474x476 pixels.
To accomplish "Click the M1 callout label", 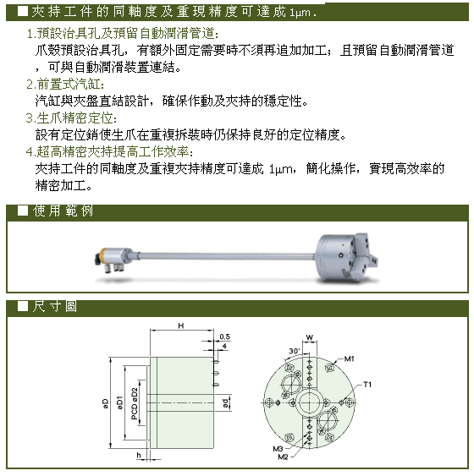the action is pos(349,358).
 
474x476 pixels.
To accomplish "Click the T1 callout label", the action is pos(367,385).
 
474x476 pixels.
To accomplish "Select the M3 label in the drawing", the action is pos(278,449).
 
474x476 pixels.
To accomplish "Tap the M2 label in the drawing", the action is pos(283,457).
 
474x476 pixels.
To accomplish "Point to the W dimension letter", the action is pos(309,337).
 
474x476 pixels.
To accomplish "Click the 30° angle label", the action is pos(294,351).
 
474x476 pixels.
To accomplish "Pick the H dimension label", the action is pos(181,326).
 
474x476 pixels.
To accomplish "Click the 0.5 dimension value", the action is pos(225,336).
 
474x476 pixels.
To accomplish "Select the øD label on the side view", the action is pos(105,403).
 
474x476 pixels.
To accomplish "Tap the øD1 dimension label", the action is pos(119,402).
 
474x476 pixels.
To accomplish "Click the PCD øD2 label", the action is pos(135,404).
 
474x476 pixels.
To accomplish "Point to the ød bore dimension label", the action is pos(225,403).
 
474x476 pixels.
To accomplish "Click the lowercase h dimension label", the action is pos(139,455).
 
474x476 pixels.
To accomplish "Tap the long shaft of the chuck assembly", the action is pos(226,256).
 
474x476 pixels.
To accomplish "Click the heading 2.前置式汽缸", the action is pos(65,84).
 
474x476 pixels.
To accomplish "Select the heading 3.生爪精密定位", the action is pos(71,118).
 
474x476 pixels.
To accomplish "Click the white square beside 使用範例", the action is pos(23,211).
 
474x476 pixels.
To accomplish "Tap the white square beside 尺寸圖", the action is pos(23,306).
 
